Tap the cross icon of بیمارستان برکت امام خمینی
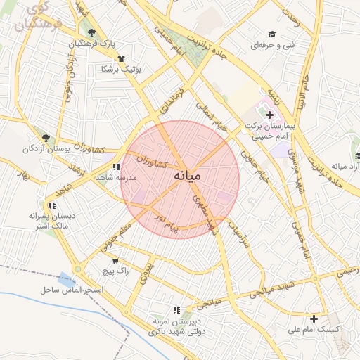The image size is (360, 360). click(269, 114)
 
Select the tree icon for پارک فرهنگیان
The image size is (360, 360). click(91, 32)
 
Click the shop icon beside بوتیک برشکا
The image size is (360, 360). click(122, 58)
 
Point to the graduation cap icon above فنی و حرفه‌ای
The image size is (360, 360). click(271, 34)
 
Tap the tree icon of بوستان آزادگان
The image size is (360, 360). click(46, 138)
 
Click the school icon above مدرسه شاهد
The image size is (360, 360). click(116, 167)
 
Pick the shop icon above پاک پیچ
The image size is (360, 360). click(115, 260)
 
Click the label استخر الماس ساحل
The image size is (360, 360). click(72, 290)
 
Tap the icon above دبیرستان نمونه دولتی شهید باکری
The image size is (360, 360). click(176, 309)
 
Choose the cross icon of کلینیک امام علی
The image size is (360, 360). click(314, 319)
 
